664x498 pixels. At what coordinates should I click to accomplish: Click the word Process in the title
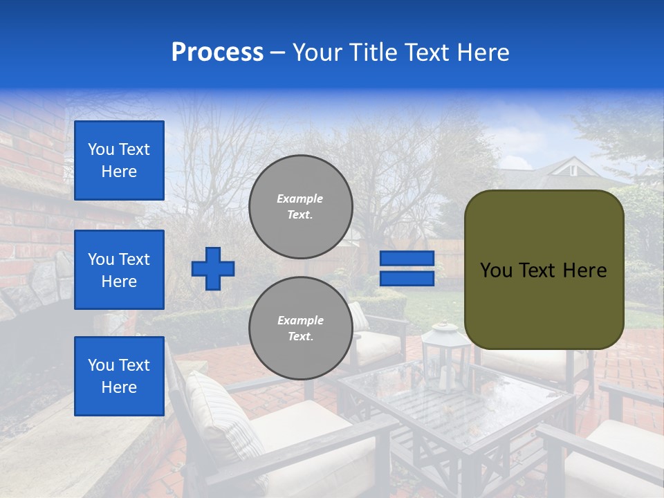tap(217, 53)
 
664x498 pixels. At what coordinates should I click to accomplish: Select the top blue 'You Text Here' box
tap(119, 160)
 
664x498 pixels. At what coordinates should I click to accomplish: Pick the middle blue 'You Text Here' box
tap(119, 270)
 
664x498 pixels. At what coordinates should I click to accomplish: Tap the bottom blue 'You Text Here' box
tap(119, 376)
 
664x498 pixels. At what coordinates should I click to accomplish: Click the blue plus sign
tap(213, 268)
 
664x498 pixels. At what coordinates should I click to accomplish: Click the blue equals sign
tap(407, 268)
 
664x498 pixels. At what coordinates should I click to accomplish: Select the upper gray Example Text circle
tap(300, 206)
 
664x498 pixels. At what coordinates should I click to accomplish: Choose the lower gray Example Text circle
tap(300, 328)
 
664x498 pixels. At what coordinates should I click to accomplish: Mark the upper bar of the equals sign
tap(407, 259)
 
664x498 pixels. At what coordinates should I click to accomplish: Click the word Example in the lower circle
tap(300, 320)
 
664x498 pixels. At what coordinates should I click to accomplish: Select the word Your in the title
tap(315, 53)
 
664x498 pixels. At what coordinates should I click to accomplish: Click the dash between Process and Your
tap(278, 53)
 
